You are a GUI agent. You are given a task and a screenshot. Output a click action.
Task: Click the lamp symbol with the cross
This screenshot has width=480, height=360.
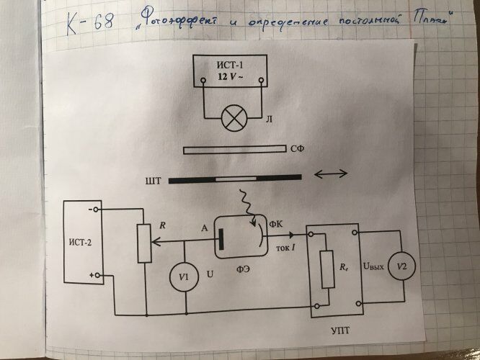[x=232, y=120]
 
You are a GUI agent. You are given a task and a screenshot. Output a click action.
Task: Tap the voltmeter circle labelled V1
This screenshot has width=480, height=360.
[x=186, y=276]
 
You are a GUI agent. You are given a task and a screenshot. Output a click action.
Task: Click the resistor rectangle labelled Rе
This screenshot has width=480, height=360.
[x=328, y=268]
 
